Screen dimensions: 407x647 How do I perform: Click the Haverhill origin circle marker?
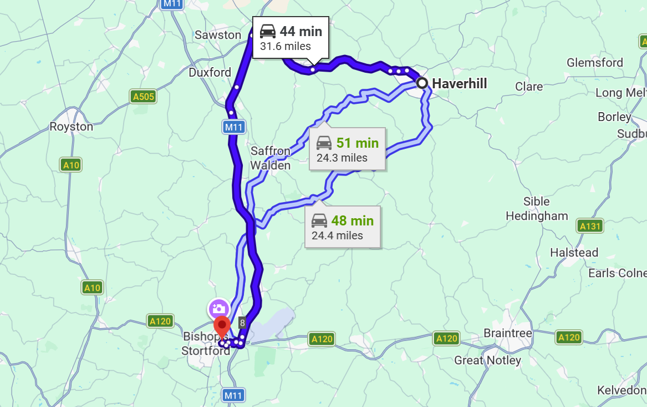tap(422, 83)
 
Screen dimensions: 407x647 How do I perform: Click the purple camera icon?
tap(218, 309)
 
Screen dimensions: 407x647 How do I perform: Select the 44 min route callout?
tap(291, 38)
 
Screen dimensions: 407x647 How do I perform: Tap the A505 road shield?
tap(144, 97)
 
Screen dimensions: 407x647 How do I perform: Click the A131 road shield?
tap(589, 226)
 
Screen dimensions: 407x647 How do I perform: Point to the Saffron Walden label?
tap(270, 158)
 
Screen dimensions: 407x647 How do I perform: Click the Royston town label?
tap(72, 127)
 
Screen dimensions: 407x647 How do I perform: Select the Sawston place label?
tap(218, 35)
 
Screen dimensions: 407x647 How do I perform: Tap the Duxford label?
tap(210, 73)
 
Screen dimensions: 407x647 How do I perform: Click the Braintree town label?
tap(507, 333)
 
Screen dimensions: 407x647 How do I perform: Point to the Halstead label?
tap(574, 253)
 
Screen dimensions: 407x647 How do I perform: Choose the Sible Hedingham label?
tap(537, 209)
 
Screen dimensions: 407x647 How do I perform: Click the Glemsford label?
tap(594, 63)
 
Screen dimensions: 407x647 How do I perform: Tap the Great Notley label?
tap(487, 360)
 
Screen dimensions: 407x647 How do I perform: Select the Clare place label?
tap(528, 87)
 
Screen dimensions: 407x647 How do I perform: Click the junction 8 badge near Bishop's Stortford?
tap(242, 323)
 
